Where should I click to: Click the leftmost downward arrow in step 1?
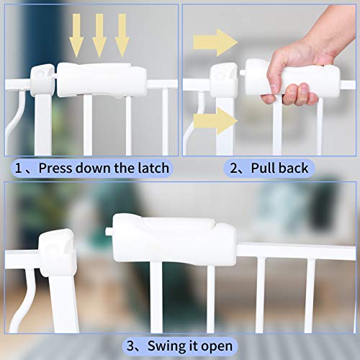tap(76, 35)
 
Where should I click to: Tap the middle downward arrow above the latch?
tap(99, 35)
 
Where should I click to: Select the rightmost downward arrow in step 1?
tap(122, 35)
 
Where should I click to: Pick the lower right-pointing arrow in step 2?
tap(216, 120)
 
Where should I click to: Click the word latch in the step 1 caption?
tap(152, 168)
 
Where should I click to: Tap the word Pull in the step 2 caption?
tap(264, 168)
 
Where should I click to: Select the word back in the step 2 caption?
tap(293, 168)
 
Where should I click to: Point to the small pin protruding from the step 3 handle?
tap(108, 233)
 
